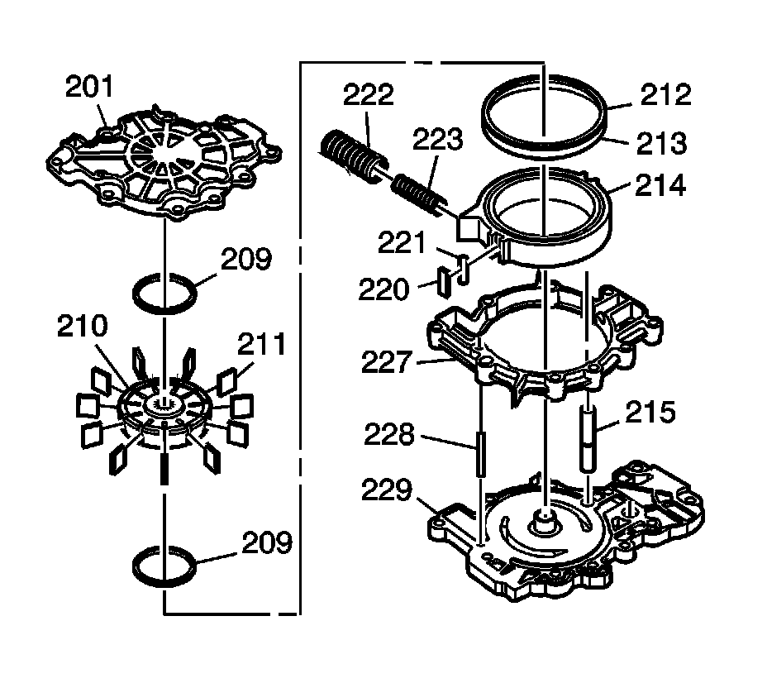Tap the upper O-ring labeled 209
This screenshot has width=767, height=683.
click(164, 294)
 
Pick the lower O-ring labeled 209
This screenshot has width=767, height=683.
click(164, 566)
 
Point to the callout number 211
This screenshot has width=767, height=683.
click(261, 344)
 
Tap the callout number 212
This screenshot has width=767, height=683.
click(665, 94)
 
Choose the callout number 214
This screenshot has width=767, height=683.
click(661, 185)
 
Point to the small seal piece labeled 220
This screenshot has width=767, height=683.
click(444, 282)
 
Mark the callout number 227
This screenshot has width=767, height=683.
click(385, 362)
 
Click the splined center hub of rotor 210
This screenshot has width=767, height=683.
click(164, 404)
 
